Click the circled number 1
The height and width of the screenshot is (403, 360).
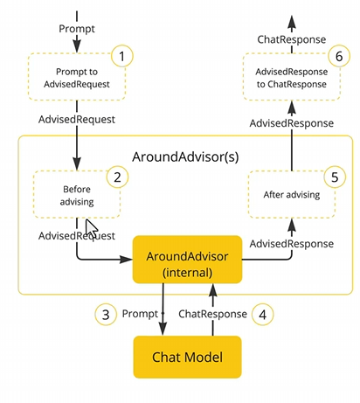pos(122,56)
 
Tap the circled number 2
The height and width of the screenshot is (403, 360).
pos(117,177)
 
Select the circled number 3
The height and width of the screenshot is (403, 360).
pos(106,314)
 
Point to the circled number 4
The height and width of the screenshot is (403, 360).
pos(263,314)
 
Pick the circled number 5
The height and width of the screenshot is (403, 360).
pos(335,177)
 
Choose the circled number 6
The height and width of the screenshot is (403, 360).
pos(339,56)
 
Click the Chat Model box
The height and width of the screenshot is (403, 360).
pos(187,357)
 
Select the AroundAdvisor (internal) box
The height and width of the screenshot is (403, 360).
pos(187,260)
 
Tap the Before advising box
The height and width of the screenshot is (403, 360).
pos(77,194)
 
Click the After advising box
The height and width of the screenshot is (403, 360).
pos(292,194)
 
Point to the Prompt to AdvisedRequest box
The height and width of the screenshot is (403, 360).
pos(77,77)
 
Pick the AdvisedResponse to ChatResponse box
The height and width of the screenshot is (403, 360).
pos(292,77)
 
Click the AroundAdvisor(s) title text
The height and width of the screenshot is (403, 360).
pos(185,156)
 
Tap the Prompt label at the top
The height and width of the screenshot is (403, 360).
pos(77,29)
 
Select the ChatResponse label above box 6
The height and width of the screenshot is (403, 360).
pos(292,39)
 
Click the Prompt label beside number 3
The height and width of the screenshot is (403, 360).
pos(140,314)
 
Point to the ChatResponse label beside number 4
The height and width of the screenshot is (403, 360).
pos(212,314)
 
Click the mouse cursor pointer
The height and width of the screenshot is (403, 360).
pos(92,228)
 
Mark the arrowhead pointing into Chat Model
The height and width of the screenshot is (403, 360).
pos(163,329)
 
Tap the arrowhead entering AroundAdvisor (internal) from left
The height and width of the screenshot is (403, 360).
pos(126,259)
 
